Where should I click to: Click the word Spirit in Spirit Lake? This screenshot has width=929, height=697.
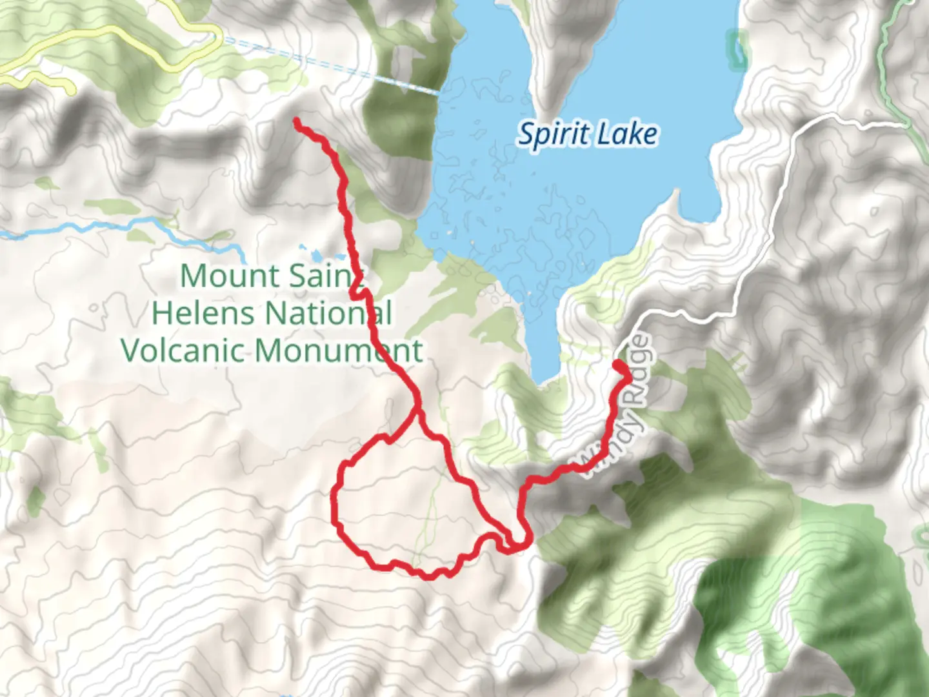tap(554, 135)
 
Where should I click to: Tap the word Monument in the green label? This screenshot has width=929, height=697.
tap(338, 350)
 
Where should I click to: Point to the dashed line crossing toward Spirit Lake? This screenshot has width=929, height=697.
tap(335, 65)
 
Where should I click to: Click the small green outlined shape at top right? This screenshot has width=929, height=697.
tap(737, 48)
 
